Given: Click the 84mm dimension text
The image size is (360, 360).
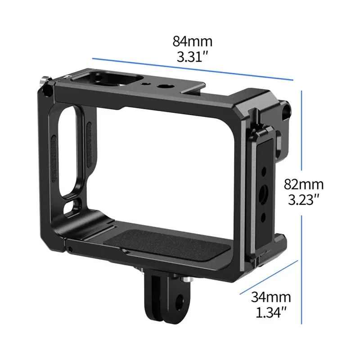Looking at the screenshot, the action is pos(193,41).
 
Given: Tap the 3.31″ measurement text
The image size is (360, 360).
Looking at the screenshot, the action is pos(193,57).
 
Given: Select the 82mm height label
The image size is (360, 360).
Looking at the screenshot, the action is pos(303,184).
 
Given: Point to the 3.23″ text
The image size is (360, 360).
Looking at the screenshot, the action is pos(303,199).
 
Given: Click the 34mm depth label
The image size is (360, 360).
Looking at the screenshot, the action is pos(271,297).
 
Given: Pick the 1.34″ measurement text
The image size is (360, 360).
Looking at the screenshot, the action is pos(271,312).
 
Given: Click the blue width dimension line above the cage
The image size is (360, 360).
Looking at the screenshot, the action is pos(193,69).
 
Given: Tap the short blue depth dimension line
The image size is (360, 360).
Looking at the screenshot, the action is pos(269,277).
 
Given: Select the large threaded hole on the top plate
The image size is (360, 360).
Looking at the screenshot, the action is pos(162,86).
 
